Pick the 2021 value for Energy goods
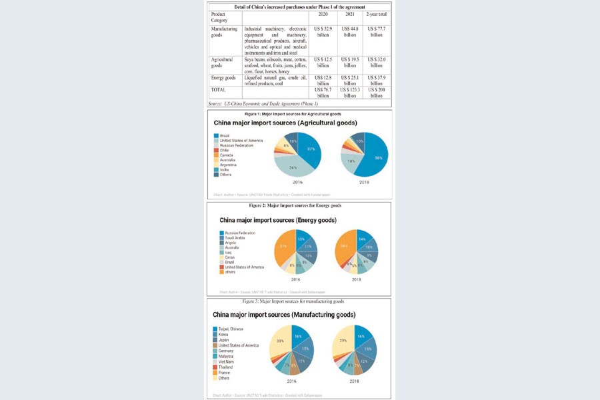349,81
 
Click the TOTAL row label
218,89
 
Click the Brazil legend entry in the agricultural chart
224,135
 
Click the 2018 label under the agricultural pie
364,182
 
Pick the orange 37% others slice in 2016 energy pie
284,248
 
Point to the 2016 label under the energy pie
296,279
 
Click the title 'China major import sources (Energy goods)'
278,220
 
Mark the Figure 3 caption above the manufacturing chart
298,301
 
